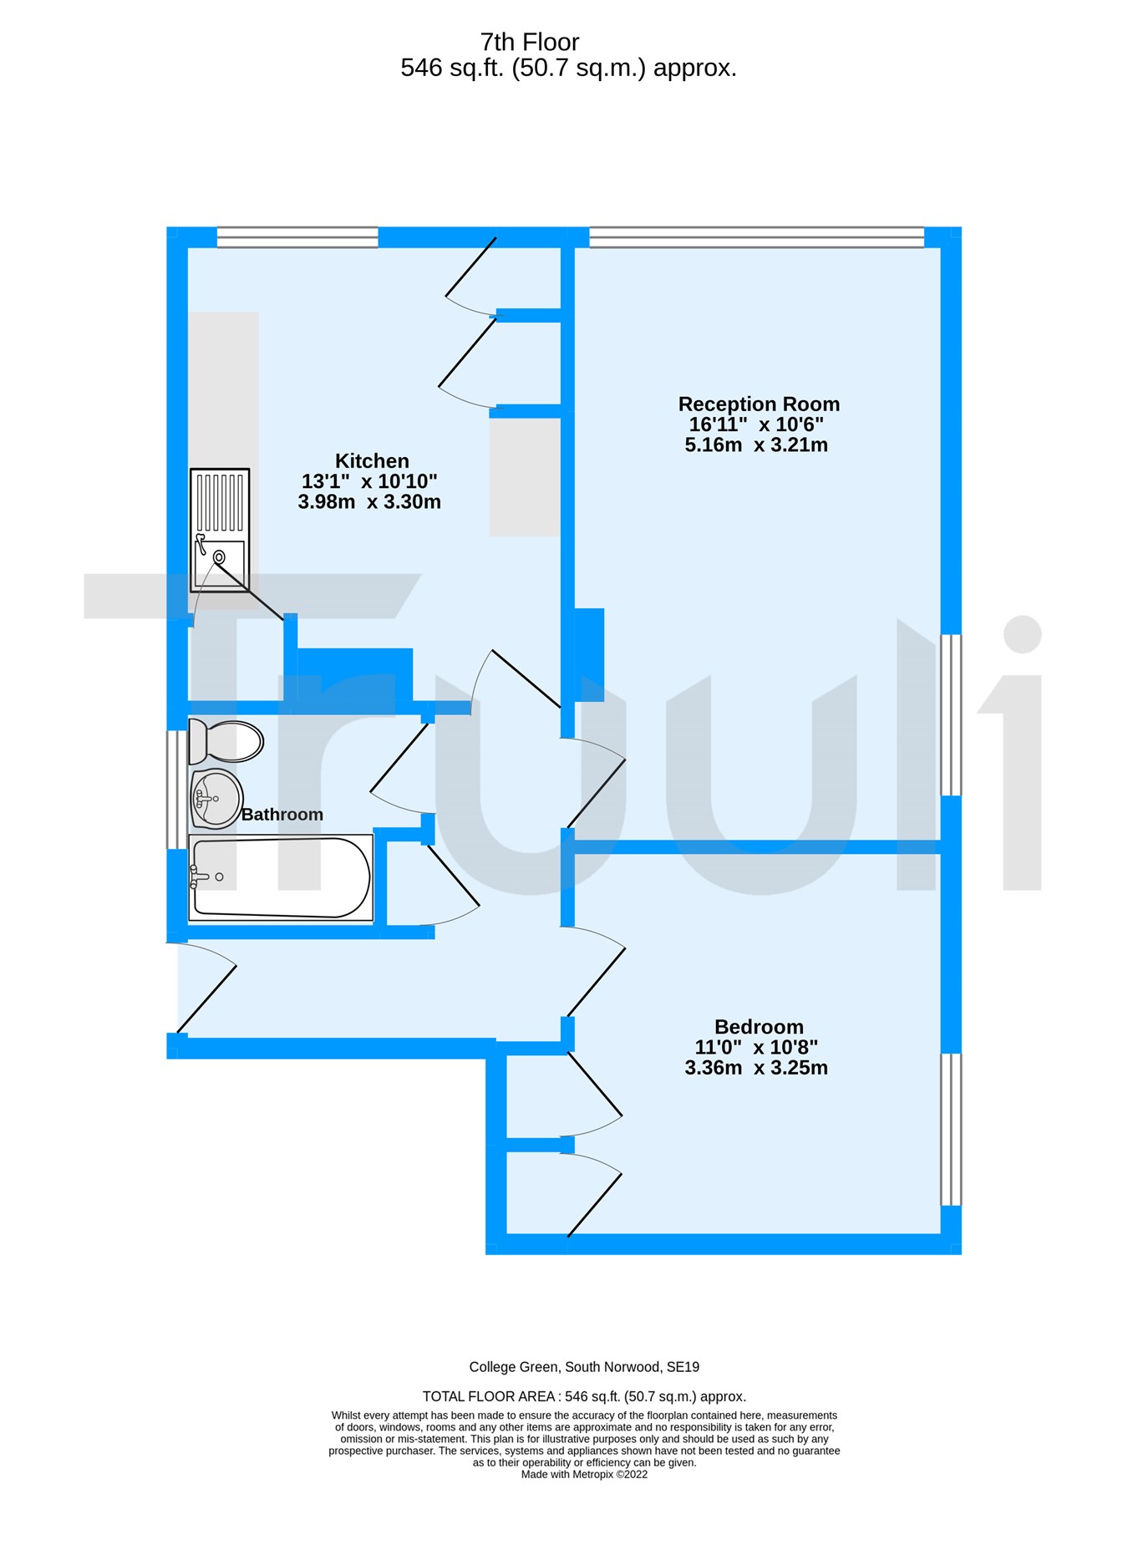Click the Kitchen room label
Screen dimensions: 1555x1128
(x=372, y=461)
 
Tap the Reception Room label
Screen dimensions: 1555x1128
(x=759, y=404)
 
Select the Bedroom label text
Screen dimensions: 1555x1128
(x=759, y=1027)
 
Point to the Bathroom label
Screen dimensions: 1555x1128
(x=282, y=815)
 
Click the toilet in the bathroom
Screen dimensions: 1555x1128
(x=226, y=741)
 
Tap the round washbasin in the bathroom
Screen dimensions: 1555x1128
(x=216, y=799)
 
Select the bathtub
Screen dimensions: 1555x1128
(x=281, y=878)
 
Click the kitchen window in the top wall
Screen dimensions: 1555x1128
(x=297, y=238)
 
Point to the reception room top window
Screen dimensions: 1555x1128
(x=756, y=237)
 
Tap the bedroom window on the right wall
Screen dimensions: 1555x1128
(x=951, y=1129)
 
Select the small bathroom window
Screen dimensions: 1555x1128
(x=175, y=790)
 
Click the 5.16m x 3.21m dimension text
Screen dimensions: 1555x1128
(x=756, y=445)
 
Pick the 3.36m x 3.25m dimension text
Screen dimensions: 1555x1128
(x=756, y=1068)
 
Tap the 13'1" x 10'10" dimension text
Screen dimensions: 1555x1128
(x=369, y=481)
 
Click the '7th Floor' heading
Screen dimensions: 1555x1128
(x=530, y=42)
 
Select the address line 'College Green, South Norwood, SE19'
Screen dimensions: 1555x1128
(x=584, y=1368)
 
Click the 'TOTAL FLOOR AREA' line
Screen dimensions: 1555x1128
(x=584, y=1397)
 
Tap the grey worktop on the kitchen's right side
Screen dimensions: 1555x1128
(x=525, y=477)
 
